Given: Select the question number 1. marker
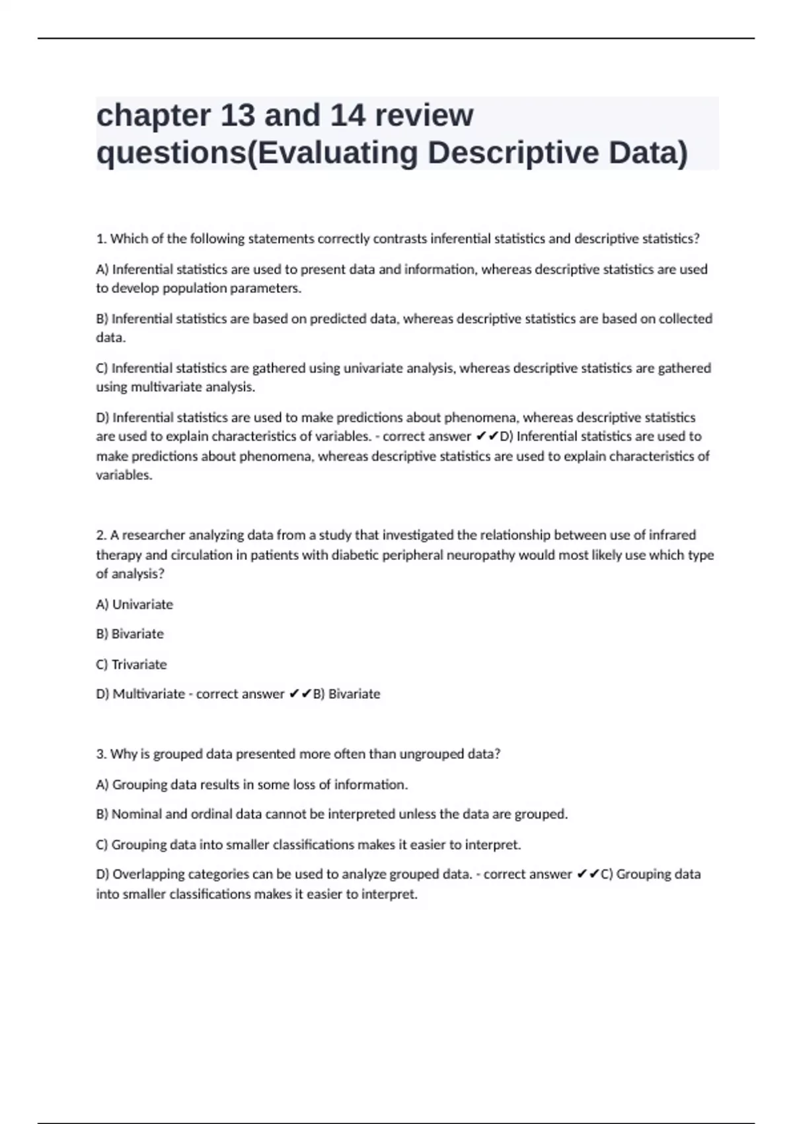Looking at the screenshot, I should pyautogui.click(x=102, y=239).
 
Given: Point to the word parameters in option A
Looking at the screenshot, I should pyautogui.click(x=264, y=288).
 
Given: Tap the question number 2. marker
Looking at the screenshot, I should pyautogui.click(x=102, y=535).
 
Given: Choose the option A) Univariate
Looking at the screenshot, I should pyautogui.click(x=135, y=604).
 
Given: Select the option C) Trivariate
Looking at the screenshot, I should pyautogui.click(x=132, y=664).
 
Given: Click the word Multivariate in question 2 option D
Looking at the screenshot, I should pyautogui.click(x=149, y=694).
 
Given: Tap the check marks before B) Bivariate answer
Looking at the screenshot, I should pyautogui.click(x=300, y=694).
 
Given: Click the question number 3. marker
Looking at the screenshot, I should pyautogui.click(x=102, y=754).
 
